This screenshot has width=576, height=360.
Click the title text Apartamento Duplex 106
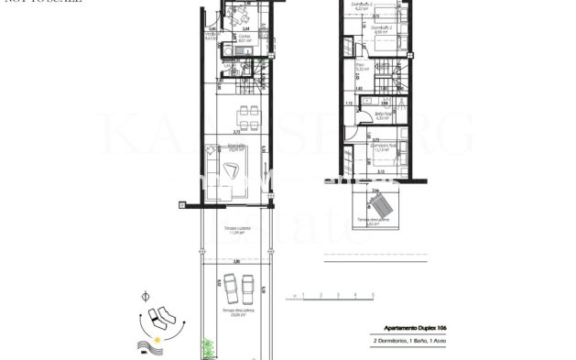[411, 327]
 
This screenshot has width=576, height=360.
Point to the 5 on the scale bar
[373, 295]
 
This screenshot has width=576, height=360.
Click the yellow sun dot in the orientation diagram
[158, 341]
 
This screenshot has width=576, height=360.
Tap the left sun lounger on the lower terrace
[226, 291]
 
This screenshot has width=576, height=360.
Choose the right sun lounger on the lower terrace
[247, 291]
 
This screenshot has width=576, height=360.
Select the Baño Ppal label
[383, 115]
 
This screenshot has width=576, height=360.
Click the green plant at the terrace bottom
[209, 349]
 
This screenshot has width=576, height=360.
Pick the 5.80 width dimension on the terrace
[236, 262]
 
